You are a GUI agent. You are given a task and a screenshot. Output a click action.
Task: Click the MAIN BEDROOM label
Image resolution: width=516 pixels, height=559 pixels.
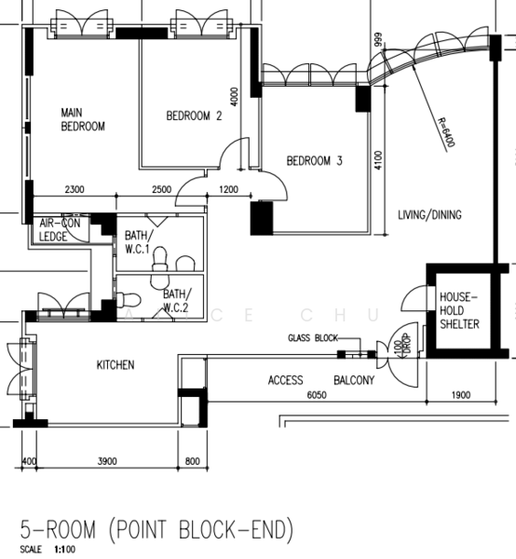[x=82, y=119]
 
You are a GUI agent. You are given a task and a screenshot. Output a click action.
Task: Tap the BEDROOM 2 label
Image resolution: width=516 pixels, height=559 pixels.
[x=194, y=116]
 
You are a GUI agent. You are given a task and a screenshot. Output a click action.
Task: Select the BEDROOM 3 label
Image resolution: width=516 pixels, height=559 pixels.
[x=314, y=161]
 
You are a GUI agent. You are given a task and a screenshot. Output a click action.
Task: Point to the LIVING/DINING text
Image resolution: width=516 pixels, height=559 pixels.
[x=429, y=215]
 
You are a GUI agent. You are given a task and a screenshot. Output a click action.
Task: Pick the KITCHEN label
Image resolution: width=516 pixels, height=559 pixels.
[x=115, y=364]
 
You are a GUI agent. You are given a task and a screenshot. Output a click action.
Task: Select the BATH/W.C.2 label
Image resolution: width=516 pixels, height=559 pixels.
[x=176, y=299]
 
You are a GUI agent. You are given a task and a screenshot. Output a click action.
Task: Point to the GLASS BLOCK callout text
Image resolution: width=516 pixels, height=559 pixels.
[x=312, y=338]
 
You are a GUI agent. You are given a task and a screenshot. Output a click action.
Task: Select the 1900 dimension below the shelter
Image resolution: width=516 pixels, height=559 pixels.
[x=461, y=395]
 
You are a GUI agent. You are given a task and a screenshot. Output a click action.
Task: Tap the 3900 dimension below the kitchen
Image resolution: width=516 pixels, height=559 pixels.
[x=108, y=461]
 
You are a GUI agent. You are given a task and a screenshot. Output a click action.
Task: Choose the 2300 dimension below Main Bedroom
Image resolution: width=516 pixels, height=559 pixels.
[x=75, y=190]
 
